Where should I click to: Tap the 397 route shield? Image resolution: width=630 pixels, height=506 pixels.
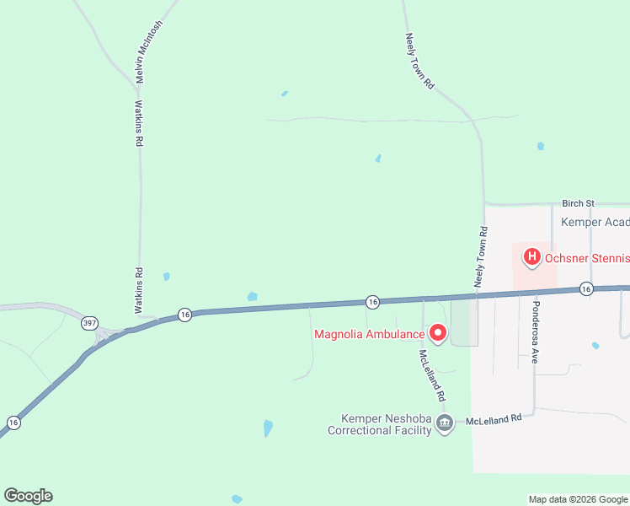[89, 323]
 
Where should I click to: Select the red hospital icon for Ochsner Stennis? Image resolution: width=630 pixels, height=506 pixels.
[532, 256]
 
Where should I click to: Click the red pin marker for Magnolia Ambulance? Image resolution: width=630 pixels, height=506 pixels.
[437, 333]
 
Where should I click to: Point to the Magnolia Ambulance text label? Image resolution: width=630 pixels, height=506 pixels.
[369, 334]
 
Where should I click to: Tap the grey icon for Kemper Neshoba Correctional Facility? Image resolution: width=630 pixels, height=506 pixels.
[446, 422]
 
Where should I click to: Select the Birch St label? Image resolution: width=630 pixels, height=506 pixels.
[579, 203]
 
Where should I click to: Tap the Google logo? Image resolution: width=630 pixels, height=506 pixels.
[28, 496]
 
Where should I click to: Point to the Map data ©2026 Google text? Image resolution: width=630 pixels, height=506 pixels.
[579, 499]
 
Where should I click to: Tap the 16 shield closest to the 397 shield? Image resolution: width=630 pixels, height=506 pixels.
[185, 315]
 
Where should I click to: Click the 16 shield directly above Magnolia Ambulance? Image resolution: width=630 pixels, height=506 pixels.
[371, 301]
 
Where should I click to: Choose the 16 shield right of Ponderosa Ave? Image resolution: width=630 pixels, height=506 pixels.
[586, 289]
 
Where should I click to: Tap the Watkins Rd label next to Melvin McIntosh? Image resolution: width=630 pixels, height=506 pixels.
[139, 125]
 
